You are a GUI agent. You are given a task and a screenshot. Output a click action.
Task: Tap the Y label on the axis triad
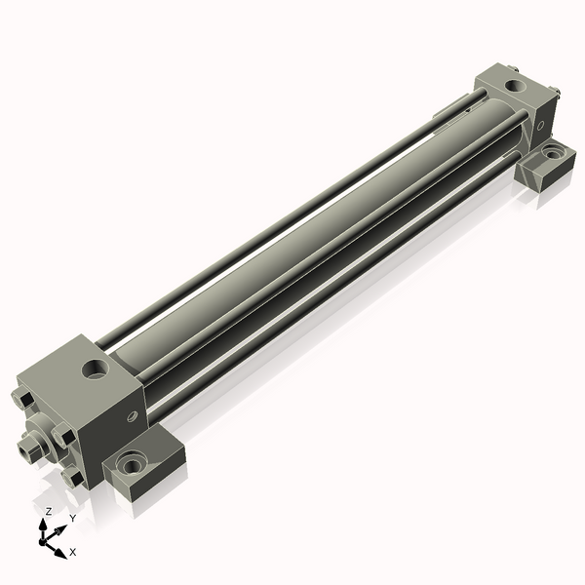click(72, 518)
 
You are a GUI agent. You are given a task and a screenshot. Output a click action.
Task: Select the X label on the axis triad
click(73, 552)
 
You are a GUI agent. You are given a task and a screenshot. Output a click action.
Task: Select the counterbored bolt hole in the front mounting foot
click(130, 459)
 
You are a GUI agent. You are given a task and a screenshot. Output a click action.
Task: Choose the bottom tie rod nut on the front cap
click(71, 478)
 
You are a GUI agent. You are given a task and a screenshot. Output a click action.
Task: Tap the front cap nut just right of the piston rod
click(61, 435)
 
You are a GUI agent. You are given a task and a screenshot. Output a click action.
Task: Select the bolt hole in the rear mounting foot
click(552, 153)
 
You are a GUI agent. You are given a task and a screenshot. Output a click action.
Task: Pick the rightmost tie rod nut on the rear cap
click(555, 94)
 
